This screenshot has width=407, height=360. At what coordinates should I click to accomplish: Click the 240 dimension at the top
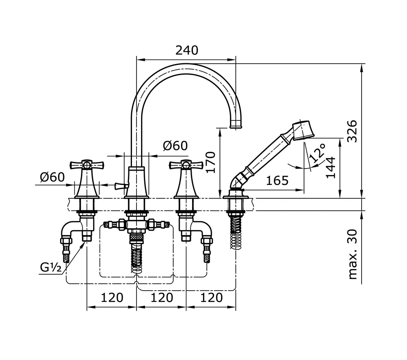[x=186, y=50]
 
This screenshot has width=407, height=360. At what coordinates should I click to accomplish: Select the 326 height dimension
[x=352, y=131]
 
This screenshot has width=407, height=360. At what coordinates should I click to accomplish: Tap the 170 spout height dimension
[x=210, y=162]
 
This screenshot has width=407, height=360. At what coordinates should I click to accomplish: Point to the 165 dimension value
[x=277, y=180]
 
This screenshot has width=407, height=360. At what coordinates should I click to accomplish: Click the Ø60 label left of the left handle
[x=52, y=177]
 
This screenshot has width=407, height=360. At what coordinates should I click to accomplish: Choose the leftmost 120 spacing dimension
[x=112, y=297]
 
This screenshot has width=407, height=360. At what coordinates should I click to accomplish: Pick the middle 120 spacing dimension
[x=161, y=297]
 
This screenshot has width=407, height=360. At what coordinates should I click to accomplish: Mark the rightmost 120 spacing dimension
[x=211, y=297]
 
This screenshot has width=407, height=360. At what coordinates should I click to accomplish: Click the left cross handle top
[x=87, y=165]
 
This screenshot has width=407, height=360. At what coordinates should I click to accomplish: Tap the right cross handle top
[x=186, y=165]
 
